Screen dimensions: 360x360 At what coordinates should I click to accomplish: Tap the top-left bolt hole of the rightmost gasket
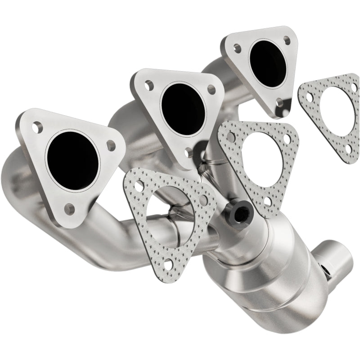tap(310, 96)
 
